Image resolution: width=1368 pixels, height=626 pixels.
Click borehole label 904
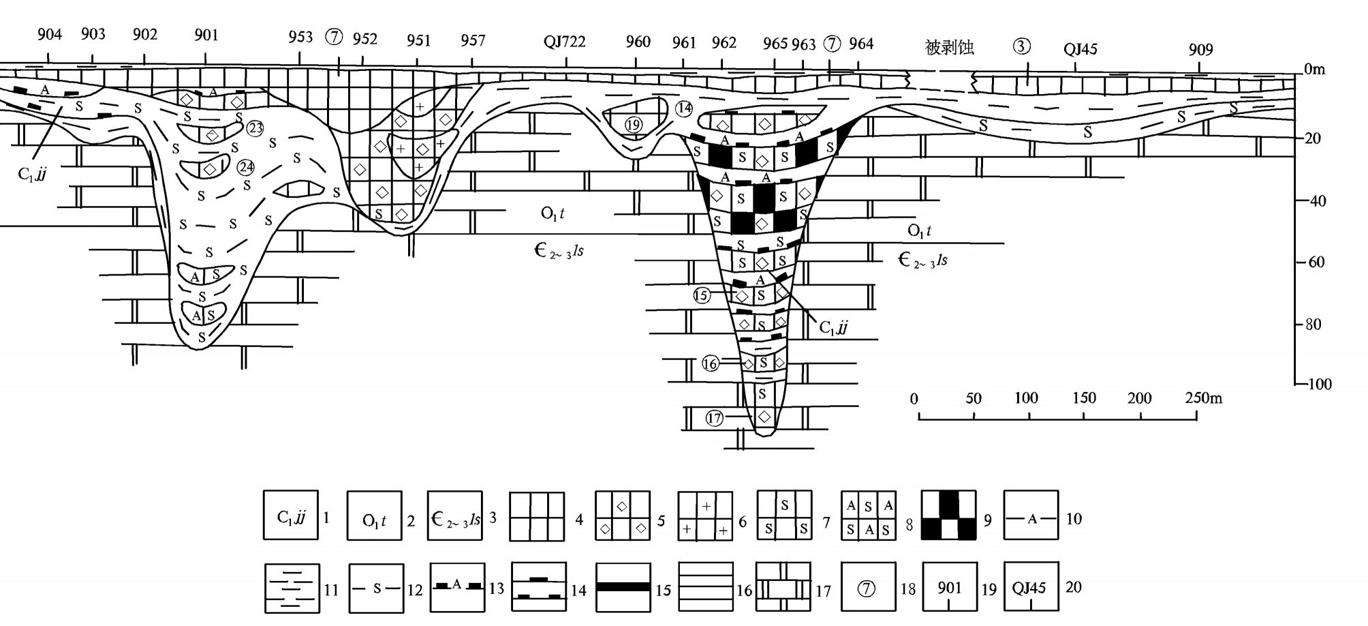[50, 34]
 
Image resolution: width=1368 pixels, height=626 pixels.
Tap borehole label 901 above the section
[206, 35]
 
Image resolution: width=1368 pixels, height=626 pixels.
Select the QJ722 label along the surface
[564, 42]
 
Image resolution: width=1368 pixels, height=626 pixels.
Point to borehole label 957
[472, 40]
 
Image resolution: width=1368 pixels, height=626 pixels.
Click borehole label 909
[1200, 50]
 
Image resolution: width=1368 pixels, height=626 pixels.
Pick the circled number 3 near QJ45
[1022, 46]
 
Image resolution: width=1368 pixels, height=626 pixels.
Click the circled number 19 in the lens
[634, 125]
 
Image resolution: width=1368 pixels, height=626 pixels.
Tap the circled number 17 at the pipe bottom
[714, 419]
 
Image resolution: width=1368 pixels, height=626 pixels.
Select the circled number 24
[245, 167]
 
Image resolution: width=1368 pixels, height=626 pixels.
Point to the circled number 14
[684, 108]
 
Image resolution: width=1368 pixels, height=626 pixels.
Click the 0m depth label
[1314, 70]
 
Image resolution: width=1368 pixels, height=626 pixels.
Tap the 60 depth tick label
[1314, 263]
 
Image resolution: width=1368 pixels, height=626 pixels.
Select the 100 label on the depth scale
[1318, 385]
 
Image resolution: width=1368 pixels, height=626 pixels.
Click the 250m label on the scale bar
[1203, 398]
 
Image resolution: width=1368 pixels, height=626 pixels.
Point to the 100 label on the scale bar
[1026, 398]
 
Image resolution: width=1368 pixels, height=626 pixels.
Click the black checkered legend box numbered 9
[948, 516]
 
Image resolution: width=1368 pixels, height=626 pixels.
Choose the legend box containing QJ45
[1031, 586]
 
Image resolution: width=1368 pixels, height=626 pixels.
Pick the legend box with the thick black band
[623, 586]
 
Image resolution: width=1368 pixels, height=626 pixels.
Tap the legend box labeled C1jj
[291, 516]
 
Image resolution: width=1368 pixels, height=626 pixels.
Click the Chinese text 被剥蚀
[949, 47]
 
